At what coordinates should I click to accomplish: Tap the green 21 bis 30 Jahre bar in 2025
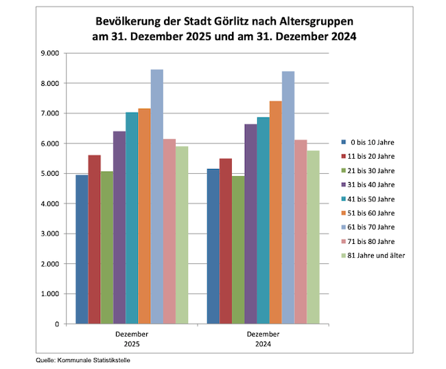pos(107,247)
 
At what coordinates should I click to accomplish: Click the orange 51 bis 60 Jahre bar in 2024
pos(275,212)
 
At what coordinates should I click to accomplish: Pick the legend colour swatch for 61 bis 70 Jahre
pos(344,227)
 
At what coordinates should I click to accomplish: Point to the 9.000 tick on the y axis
pos(51,53)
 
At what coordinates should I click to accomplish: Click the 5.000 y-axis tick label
pos(51,173)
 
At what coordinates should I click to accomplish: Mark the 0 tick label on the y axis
pos(56,324)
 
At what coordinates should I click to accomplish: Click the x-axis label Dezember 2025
pos(132,338)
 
